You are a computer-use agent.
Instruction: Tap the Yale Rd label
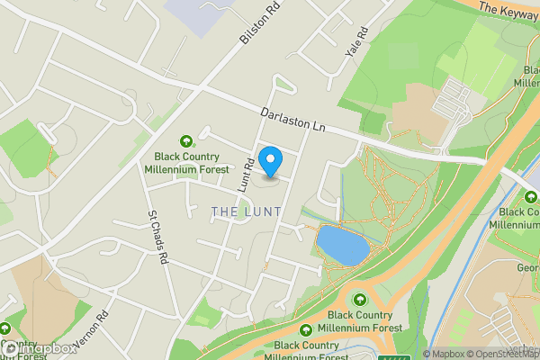point(357,41)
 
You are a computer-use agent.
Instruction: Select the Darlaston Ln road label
point(292,122)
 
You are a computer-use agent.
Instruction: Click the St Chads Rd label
point(158,238)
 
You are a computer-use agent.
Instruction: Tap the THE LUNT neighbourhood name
point(246,211)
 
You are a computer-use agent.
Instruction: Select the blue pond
point(342,245)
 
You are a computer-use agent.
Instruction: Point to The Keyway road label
point(509,10)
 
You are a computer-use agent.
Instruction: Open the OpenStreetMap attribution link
point(505,354)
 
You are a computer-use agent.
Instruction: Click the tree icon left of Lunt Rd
point(186,140)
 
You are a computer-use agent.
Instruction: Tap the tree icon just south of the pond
point(361,300)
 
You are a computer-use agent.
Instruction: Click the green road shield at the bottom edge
point(391,356)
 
